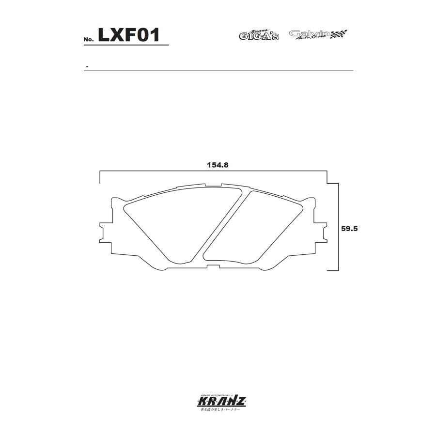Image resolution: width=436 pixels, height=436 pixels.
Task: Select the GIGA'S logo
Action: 259,35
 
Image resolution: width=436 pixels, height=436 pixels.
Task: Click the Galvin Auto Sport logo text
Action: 309,34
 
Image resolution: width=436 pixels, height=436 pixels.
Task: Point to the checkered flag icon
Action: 340,34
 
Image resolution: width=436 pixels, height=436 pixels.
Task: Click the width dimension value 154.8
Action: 218,165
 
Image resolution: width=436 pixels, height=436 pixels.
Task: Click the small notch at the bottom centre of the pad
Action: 214,266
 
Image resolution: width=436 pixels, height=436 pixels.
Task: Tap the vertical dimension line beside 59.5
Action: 337,227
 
